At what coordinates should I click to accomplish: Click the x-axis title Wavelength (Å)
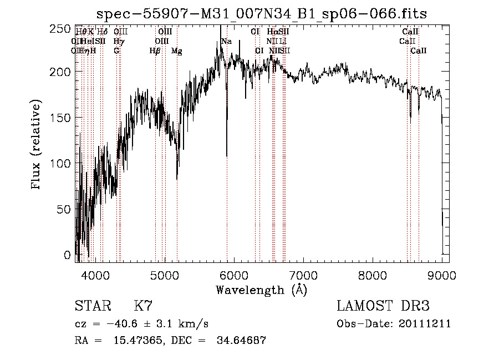(262, 290)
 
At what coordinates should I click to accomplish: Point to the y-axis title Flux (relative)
(37, 145)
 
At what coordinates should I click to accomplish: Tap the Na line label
(226, 42)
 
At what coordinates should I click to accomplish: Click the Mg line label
(176, 51)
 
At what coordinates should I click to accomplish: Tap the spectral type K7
(143, 306)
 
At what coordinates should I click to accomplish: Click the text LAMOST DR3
(383, 306)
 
